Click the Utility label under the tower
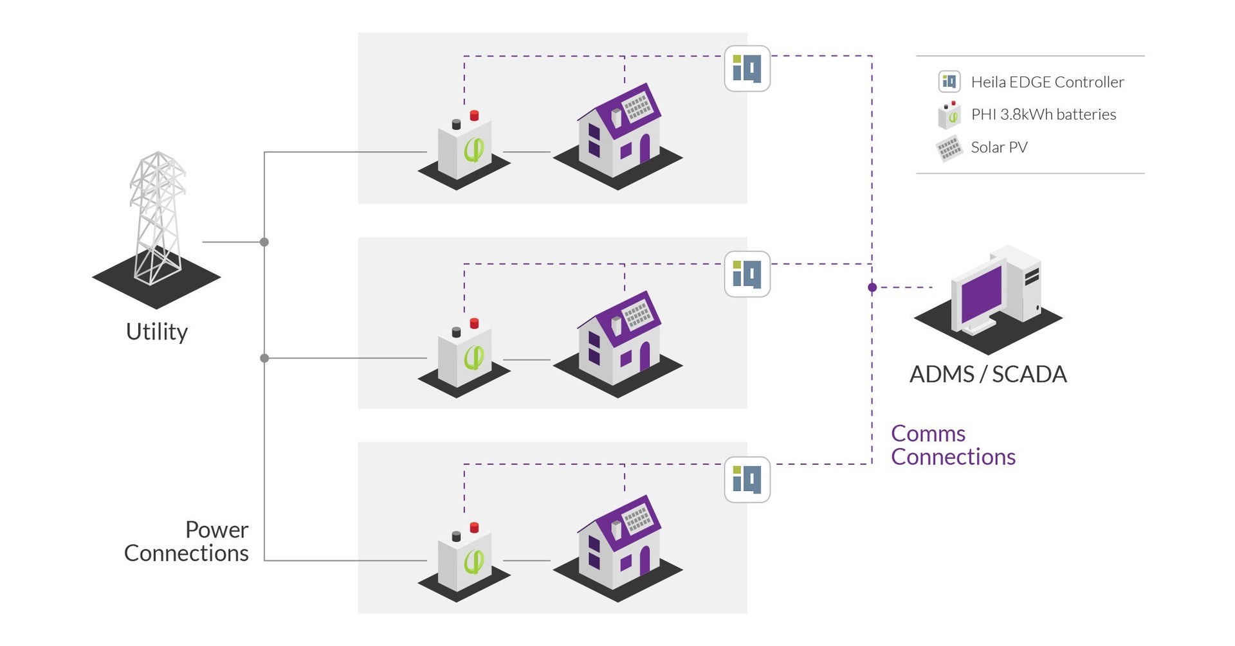[x=157, y=332]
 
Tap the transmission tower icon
[x=156, y=219]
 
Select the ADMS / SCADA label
[x=988, y=374]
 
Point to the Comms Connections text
[x=952, y=445]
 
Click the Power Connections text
[x=187, y=541]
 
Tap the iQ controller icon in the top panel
[x=747, y=68]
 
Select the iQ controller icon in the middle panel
[x=747, y=274]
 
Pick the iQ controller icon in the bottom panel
[x=747, y=480]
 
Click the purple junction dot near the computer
[x=872, y=287]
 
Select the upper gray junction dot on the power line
[x=264, y=242]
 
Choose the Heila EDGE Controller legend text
[x=1047, y=82]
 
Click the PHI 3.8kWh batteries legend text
[x=1043, y=114]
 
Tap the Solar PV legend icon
[x=949, y=148]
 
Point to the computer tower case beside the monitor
[x=1025, y=283]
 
